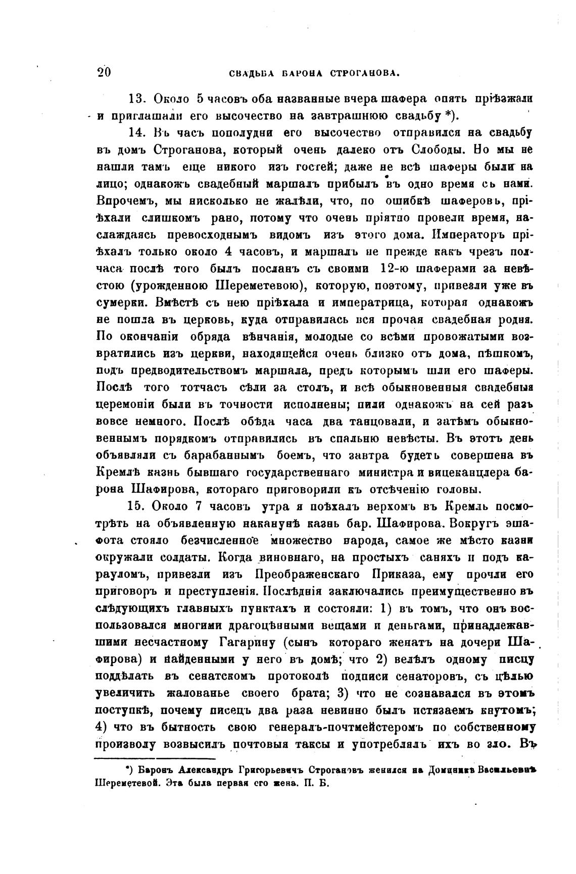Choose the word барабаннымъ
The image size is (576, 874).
point(225,455)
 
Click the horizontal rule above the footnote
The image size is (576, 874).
point(155,758)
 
